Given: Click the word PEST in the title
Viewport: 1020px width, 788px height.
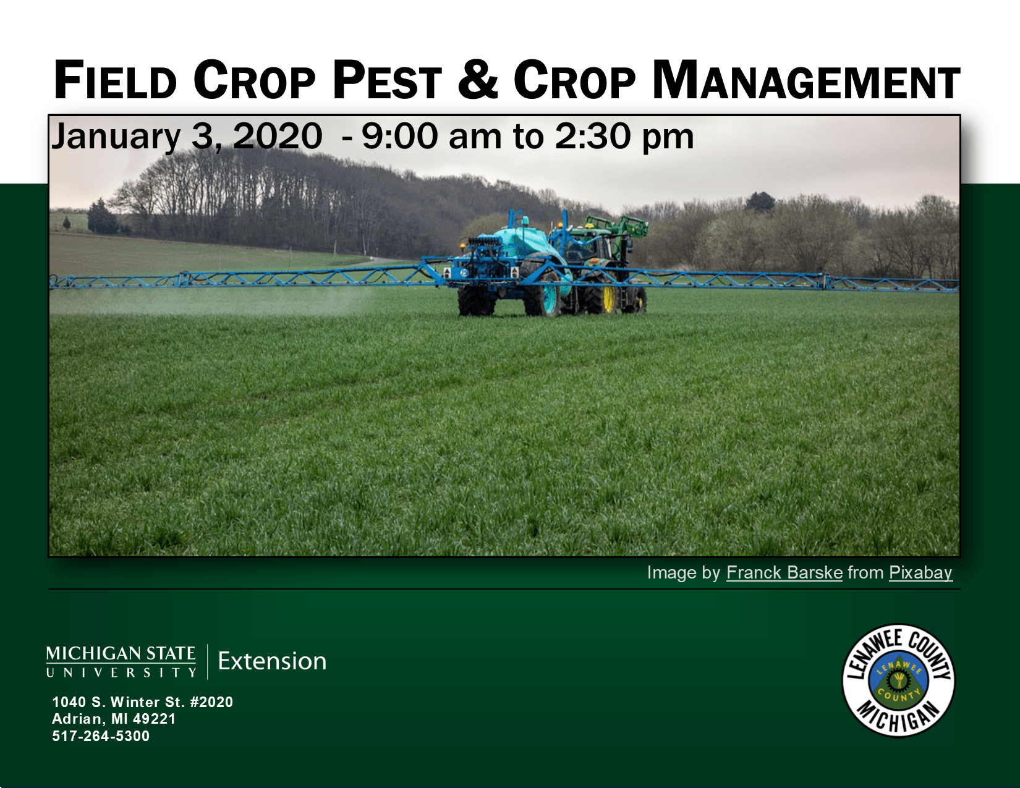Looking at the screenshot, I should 387,80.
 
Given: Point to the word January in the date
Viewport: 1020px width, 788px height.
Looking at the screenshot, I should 116,137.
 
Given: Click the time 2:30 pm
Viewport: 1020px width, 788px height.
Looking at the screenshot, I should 624,137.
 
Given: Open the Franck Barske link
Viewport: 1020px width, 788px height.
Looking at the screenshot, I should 784,573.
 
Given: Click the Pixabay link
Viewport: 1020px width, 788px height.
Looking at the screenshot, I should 920,573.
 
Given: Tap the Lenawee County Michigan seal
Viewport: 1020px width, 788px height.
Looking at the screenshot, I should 898,680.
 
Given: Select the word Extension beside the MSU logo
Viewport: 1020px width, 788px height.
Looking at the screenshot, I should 272,661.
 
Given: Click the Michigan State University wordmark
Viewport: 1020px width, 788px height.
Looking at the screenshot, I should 121,661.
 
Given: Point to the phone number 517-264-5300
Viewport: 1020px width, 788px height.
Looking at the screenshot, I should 101,736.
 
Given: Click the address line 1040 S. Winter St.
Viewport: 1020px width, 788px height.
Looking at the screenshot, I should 142,702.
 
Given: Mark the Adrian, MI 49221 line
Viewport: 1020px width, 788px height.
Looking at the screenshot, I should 114,719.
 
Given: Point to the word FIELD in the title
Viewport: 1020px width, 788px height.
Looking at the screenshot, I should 116,80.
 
